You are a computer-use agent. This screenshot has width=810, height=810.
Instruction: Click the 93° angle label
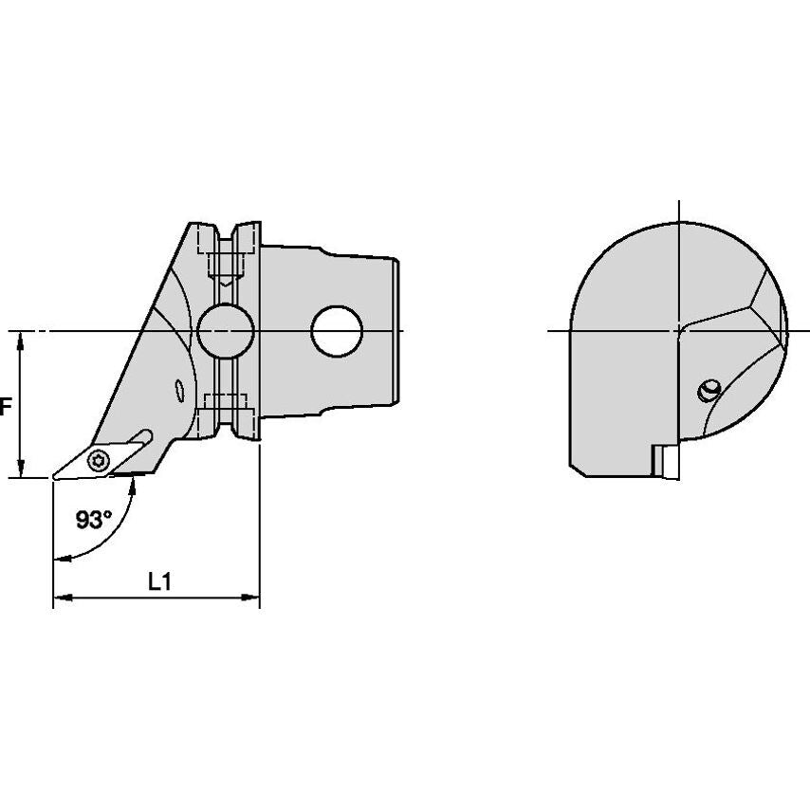(x=94, y=519)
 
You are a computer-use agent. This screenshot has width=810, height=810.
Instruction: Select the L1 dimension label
(x=159, y=582)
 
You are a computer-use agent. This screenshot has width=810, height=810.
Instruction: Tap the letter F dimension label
(x=5, y=407)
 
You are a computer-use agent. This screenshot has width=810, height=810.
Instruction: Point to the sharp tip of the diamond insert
(x=54, y=478)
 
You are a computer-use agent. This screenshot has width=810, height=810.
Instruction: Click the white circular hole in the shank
(x=337, y=331)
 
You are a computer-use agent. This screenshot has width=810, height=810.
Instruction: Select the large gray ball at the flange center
(x=226, y=331)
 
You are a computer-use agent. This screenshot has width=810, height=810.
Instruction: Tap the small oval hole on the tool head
(x=179, y=390)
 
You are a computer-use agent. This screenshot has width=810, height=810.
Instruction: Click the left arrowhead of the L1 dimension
(x=62, y=598)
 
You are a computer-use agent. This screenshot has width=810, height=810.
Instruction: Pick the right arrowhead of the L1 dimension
(x=250, y=598)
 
